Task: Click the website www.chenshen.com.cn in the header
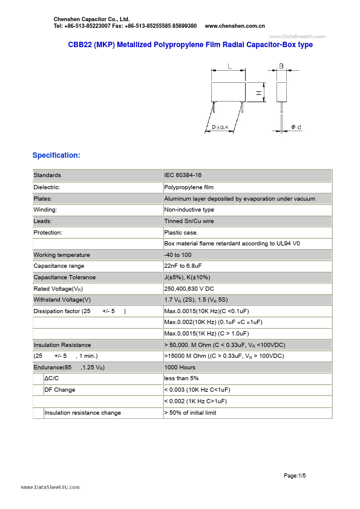pos(235,26)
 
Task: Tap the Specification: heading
pos(56,155)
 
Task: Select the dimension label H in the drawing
pos(258,93)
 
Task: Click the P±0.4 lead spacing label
pos(220,127)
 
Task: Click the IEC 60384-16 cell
pos(183,175)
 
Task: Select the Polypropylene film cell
pos(189,187)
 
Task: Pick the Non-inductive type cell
pos(189,210)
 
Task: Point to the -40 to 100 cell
pos(178,255)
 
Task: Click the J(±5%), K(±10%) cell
pos(187,277)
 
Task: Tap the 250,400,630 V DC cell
pos(189,289)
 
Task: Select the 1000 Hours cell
pos(180,368)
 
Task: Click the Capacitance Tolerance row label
pos(65,277)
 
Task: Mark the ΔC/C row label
pos(52,378)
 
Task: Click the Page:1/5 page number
pos(295,476)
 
